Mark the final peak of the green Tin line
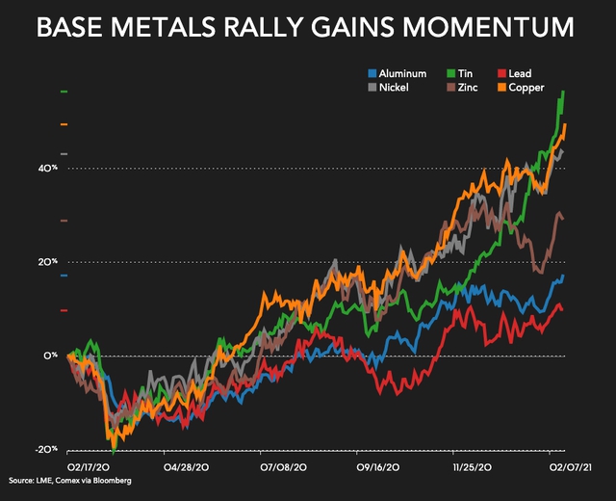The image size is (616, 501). [x=563, y=92]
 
